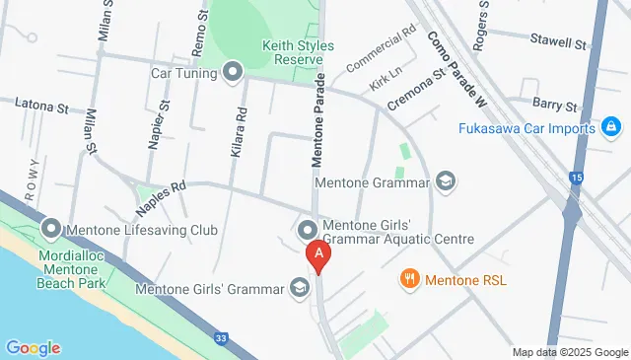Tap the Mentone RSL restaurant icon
(x=409, y=279)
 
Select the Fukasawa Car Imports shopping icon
(x=611, y=128)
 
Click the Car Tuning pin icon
(x=234, y=72)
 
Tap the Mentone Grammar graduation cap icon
(x=446, y=181)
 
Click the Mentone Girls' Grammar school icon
(x=298, y=288)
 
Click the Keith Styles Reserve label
(x=298, y=52)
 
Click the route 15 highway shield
(x=575, y=179)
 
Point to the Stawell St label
(x=558, y=44)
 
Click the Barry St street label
(x=555, y=104)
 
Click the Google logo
(x=33, y=347)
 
